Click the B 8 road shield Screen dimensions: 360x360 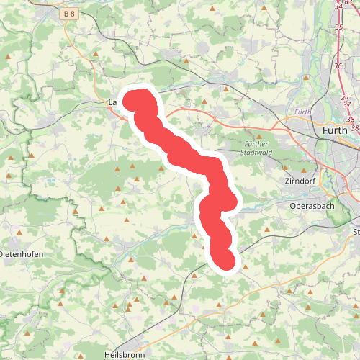(x=69, y=13)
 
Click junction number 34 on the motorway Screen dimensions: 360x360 (x=339, y=6)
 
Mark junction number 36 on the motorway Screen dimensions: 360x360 (x=338, y=66)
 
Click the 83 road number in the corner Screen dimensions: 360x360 (x=348, y=3)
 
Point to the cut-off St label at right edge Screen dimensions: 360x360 (x=356, y=232)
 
